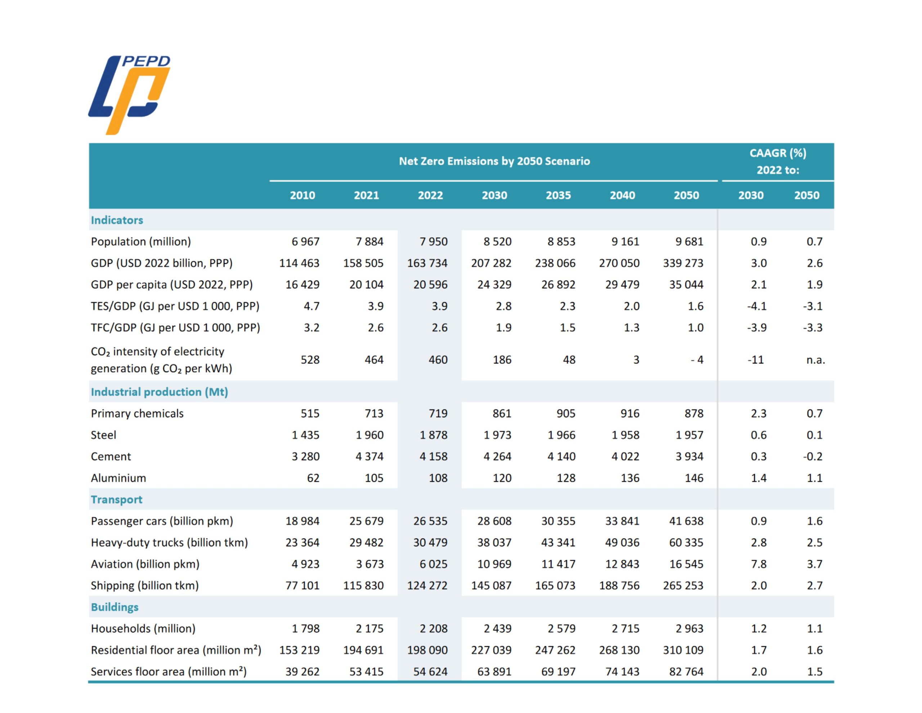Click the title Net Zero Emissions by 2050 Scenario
coord(494,161)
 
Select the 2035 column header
coord(558,195)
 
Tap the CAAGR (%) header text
coord(778,153)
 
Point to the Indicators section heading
coord(117,220)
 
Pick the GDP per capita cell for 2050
coord(686,284)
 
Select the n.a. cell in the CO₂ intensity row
coord(815,360)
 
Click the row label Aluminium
coord(118,478)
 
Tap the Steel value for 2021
coord(370,435)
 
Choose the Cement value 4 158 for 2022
coord(433,456)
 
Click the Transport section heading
coord(117,500)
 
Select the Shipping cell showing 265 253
coord(683,585)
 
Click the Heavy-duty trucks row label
coord(169,542)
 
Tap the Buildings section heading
coord(115,607)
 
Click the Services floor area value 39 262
coord(302,672)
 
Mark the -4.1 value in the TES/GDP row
coord(757,306)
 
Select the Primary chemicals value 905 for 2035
coord(566,413)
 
